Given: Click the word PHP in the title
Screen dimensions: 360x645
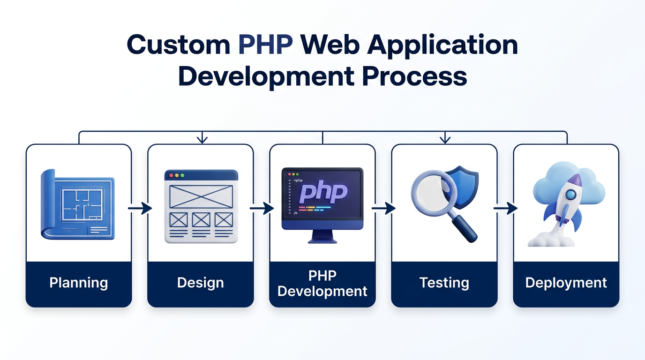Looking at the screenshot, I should [x=265, y=45].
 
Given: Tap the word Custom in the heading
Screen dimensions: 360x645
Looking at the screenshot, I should [x=178, y=45].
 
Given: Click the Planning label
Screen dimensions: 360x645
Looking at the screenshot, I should [x=79, y=283].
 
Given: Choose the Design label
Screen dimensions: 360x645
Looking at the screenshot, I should [x=201, y=283].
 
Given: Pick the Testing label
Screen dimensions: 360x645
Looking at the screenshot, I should [x=444, y=283].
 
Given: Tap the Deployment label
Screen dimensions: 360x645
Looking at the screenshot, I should [x=566, y=283].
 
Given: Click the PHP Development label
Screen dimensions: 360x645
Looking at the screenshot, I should [x=322, y=283].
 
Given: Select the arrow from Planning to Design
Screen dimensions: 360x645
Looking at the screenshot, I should [x=140, y=208].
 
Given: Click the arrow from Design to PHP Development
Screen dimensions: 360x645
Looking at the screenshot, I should [x=262, y=208].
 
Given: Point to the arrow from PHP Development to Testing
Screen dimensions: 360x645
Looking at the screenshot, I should [x=383, y=208].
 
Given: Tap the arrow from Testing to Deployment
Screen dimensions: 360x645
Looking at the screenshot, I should [x=505, y=208].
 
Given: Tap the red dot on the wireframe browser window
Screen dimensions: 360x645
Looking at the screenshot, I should [x=171, y=175].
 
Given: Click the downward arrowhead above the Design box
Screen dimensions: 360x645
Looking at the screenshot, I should [x=202, y=139].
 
